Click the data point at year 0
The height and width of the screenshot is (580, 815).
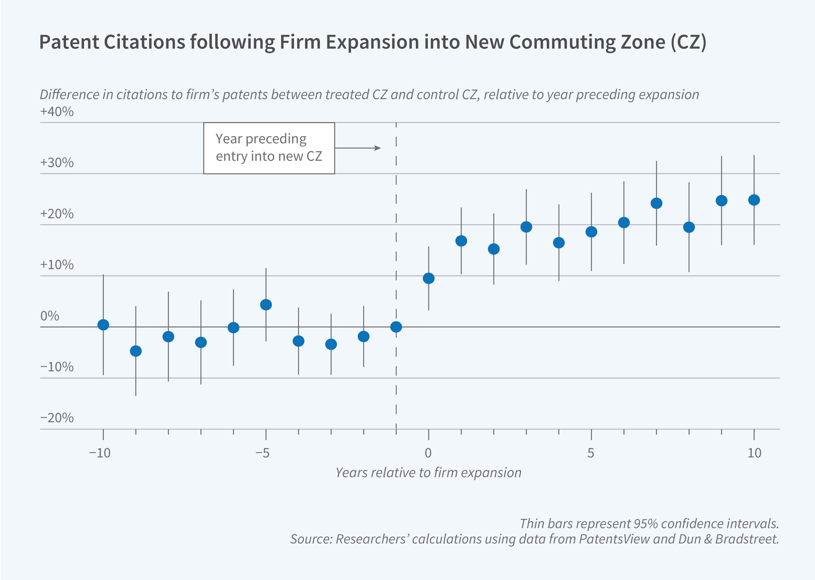point(428,278)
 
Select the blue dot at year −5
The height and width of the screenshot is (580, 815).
point(266,305)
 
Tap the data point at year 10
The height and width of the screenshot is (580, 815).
point(754,200)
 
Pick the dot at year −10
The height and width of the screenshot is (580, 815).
point(103,325)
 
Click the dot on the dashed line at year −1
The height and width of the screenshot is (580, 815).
point(396,327)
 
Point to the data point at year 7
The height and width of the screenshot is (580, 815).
point(656,203)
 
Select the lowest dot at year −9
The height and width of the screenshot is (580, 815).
point(136,351)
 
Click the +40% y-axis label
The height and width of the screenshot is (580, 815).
point(57,112)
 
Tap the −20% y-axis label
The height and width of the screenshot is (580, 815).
point(57,418)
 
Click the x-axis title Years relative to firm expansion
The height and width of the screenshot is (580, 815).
point(428,473)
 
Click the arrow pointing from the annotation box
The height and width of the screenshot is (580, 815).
point(358,148)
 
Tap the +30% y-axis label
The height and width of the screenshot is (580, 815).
point(57,163)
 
